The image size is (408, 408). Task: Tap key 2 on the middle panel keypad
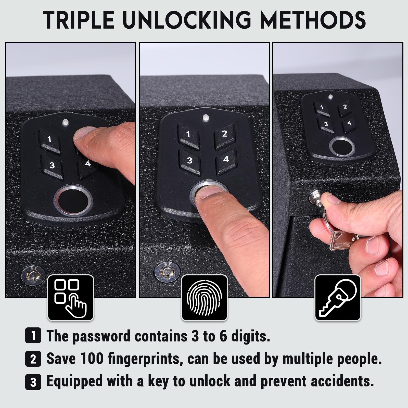tap(224, 134)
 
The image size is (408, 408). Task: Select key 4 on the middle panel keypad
tap(226, 160)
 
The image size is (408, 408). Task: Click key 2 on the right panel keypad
tap(345, 107)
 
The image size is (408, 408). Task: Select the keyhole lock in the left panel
tap(33, 275)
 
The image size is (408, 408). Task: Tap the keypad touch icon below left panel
tap(71, 298)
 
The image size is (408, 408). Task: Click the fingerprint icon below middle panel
tap(204, 298)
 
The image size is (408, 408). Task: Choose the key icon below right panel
tap(338, 298)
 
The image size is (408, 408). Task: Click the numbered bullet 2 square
tap(33, 359)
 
